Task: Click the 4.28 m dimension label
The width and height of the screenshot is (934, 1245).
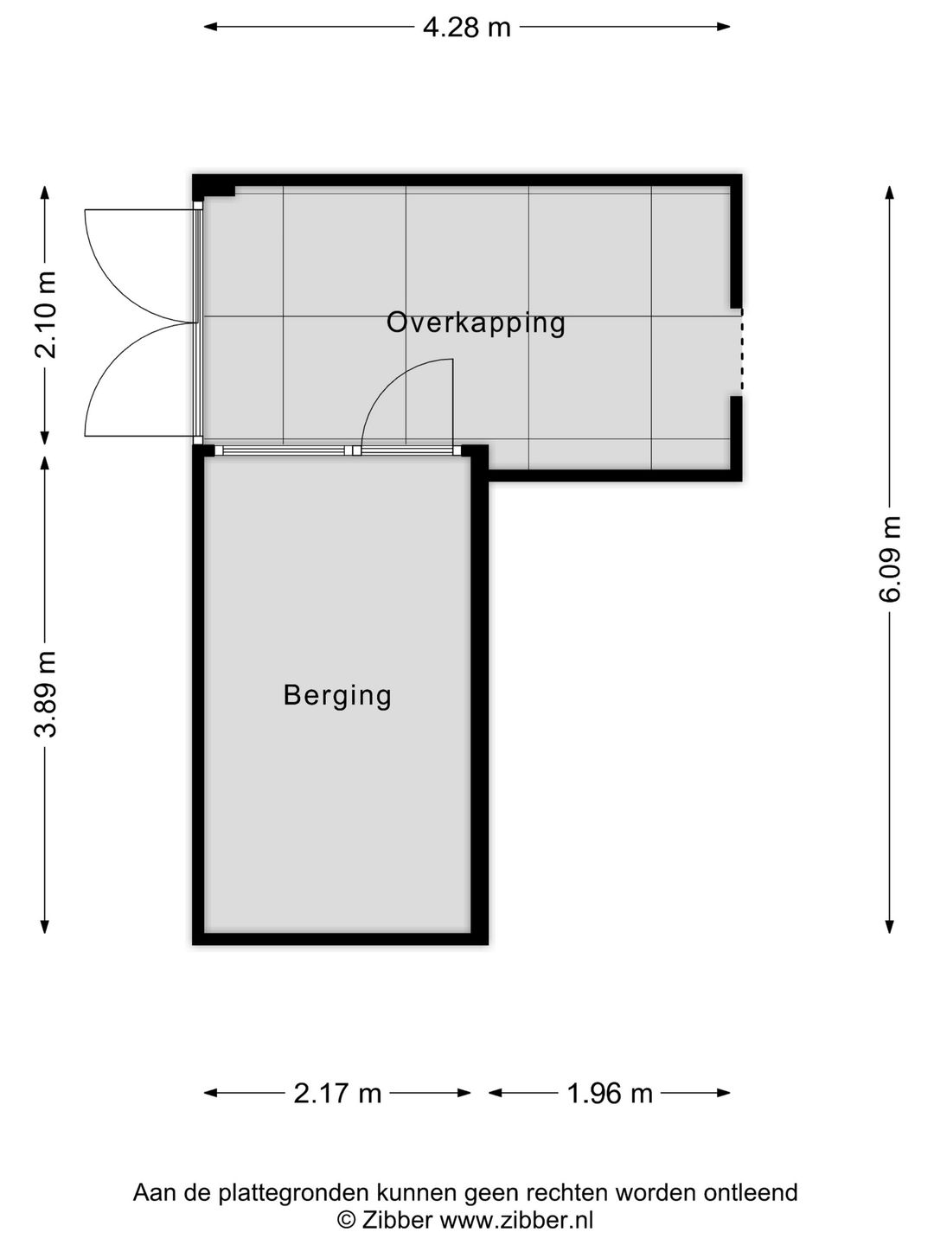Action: click(466, 28)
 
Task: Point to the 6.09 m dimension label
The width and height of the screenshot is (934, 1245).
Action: click(891, 559)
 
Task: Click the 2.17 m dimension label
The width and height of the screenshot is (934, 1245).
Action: click(337, 1094)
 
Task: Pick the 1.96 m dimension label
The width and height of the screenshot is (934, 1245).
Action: click(609, 1094)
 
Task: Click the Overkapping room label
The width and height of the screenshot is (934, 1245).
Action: click(476, 322)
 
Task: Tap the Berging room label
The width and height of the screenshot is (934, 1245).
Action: click(337, 695)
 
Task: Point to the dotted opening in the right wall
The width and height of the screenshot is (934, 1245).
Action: click(740, 352)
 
